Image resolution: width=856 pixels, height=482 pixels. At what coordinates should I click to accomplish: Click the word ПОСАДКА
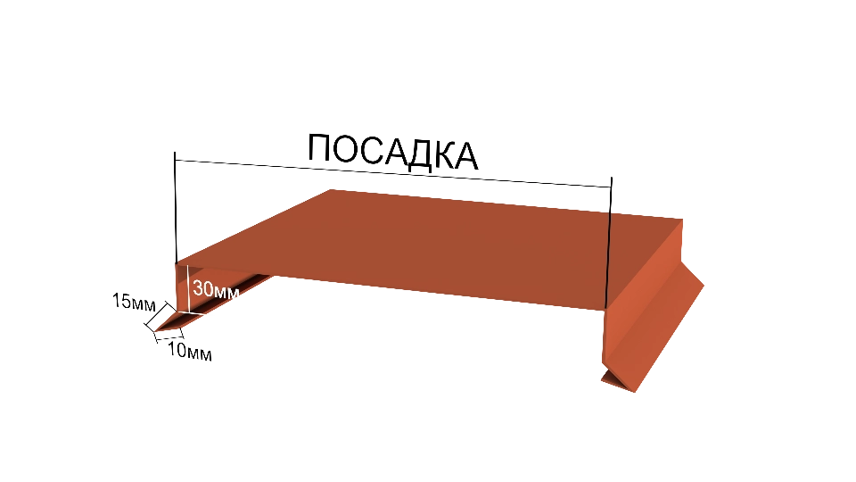393,151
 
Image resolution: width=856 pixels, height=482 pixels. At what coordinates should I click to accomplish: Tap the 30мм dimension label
216,289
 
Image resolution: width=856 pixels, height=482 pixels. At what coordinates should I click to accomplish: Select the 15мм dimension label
134,302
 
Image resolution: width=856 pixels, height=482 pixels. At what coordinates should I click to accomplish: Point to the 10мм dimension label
189,351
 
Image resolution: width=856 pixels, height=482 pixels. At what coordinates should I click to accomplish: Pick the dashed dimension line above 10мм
169,337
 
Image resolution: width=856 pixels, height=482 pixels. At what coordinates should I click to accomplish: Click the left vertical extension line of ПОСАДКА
176,208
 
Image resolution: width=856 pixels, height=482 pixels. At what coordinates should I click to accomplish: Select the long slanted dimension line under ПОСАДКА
393,174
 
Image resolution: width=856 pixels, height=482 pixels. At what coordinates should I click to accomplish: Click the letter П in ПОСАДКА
319,147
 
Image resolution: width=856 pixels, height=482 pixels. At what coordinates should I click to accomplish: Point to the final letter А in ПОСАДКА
465,156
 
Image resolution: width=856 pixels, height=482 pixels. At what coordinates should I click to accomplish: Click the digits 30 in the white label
202,288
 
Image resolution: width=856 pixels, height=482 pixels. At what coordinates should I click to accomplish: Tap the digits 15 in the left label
120,301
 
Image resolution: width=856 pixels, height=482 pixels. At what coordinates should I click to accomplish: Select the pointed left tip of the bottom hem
154,331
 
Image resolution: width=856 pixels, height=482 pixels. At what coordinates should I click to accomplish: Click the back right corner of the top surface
683,220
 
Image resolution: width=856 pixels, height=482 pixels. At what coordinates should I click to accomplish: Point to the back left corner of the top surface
331,189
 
